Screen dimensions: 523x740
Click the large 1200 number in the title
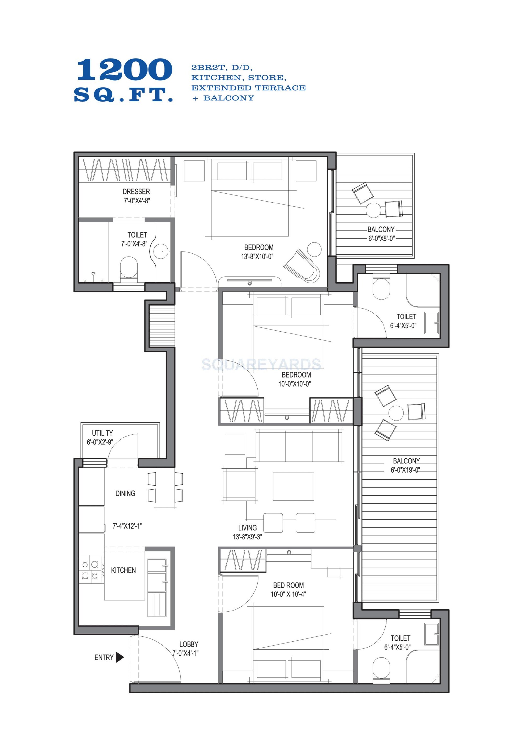pos(124,70)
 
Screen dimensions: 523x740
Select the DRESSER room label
pos(136,191)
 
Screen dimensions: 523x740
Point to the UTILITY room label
pos(103,433)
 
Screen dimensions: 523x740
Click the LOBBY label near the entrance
pos(189,644)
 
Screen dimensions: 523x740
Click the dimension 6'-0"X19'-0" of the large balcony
pos(406,470)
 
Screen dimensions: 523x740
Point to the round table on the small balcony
pos(374,210)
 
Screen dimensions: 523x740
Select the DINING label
pos(125,493)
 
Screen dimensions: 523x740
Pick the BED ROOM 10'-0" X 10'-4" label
pos(288,590)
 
